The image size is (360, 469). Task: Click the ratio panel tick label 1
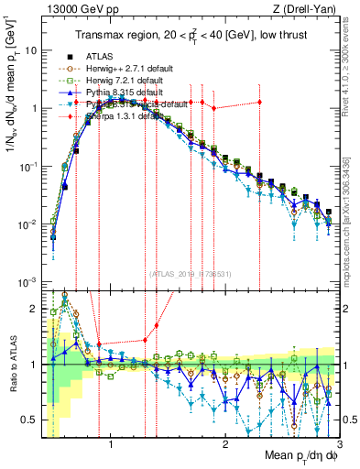pyautogui.click(x=33, y=365)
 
